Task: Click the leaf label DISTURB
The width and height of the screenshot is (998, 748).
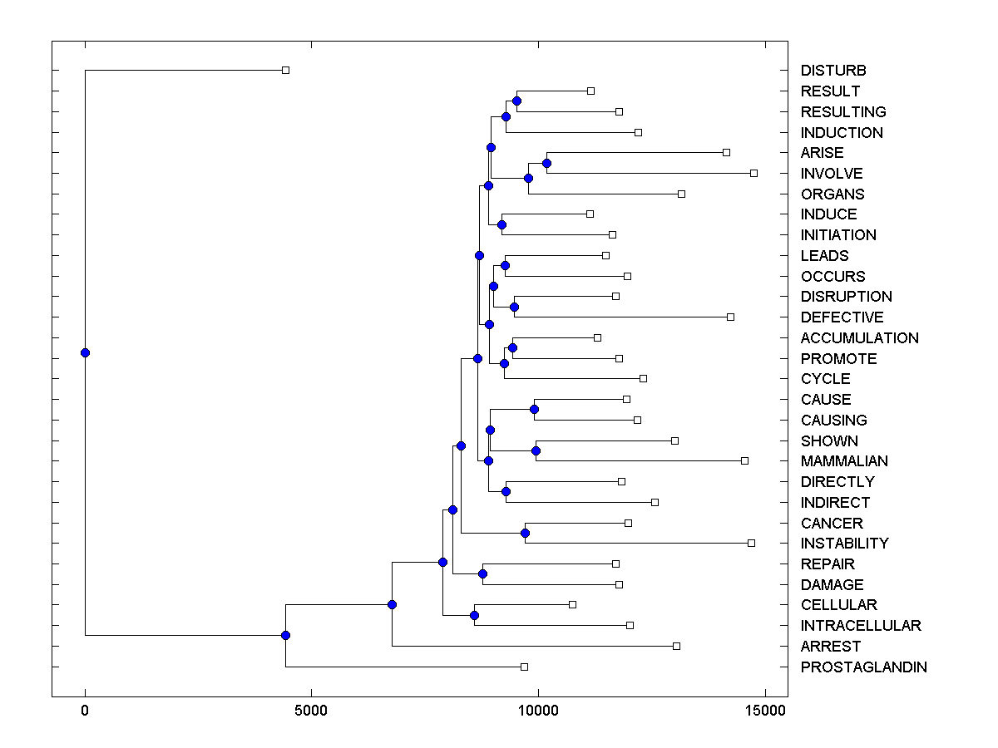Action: (833, 71)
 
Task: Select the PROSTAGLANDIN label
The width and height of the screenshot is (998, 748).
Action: (863, 667)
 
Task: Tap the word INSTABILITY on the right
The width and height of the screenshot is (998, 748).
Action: (844, 544)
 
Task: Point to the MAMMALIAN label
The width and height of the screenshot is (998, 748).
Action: (844, 461)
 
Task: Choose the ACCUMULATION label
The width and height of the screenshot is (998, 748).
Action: (859, 338)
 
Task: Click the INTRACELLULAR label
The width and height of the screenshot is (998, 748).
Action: (861, 626)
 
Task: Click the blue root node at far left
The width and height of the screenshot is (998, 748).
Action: (85, 352)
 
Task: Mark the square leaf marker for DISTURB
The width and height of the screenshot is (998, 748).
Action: (285, 71)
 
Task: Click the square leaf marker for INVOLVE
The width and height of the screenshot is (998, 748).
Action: (753, 173)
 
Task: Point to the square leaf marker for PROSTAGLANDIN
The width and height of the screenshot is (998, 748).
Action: (524, 667)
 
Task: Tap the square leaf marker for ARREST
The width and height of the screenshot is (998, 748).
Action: (676, 646)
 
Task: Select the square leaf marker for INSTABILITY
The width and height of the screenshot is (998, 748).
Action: (751, 543)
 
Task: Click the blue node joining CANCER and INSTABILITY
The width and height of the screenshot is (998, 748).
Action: (525, 533)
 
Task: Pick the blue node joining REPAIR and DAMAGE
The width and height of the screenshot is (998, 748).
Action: (482, 573)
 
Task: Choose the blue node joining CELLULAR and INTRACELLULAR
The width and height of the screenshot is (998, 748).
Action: (474, 615)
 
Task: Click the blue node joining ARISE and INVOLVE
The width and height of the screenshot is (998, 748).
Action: (546, 163)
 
